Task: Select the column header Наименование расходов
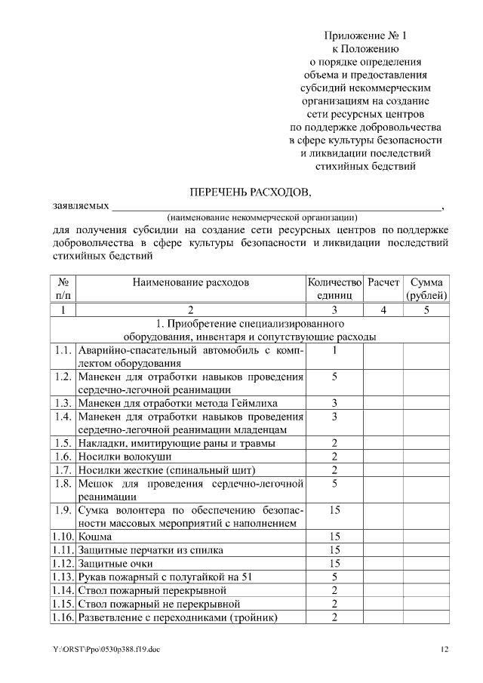click(x=190, y=282)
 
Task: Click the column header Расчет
click(x=383, y=282)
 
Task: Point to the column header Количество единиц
click(x=334, y=288)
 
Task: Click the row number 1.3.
click(x=63, y=402)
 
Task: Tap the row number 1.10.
click(x=63, y=536)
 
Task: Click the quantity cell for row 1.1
click(x=334, y=350)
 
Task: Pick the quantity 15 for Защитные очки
click(x=334, y=563)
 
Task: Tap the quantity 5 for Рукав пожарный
click(x=334, y=577)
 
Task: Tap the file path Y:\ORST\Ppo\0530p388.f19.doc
click(x=106, y=648)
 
